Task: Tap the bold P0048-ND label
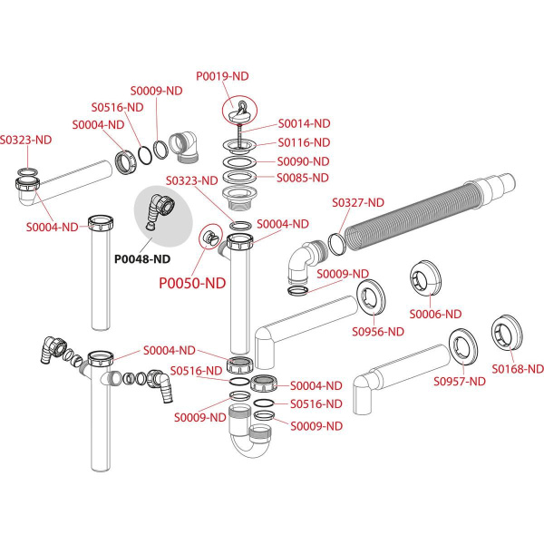[142, 258]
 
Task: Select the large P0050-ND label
[192, 283]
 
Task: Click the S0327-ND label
[358, 202]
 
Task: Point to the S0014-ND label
[304, 123]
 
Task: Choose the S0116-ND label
[304, 142]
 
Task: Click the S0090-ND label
[304, 160]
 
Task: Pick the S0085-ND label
[304, 177]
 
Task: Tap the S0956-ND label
[377, 331]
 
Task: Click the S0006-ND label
[436, 314]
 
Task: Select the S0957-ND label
[460, 381]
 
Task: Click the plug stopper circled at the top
[240, 112]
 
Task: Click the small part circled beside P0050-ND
[210, 237]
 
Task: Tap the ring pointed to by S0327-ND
[335, 243]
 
